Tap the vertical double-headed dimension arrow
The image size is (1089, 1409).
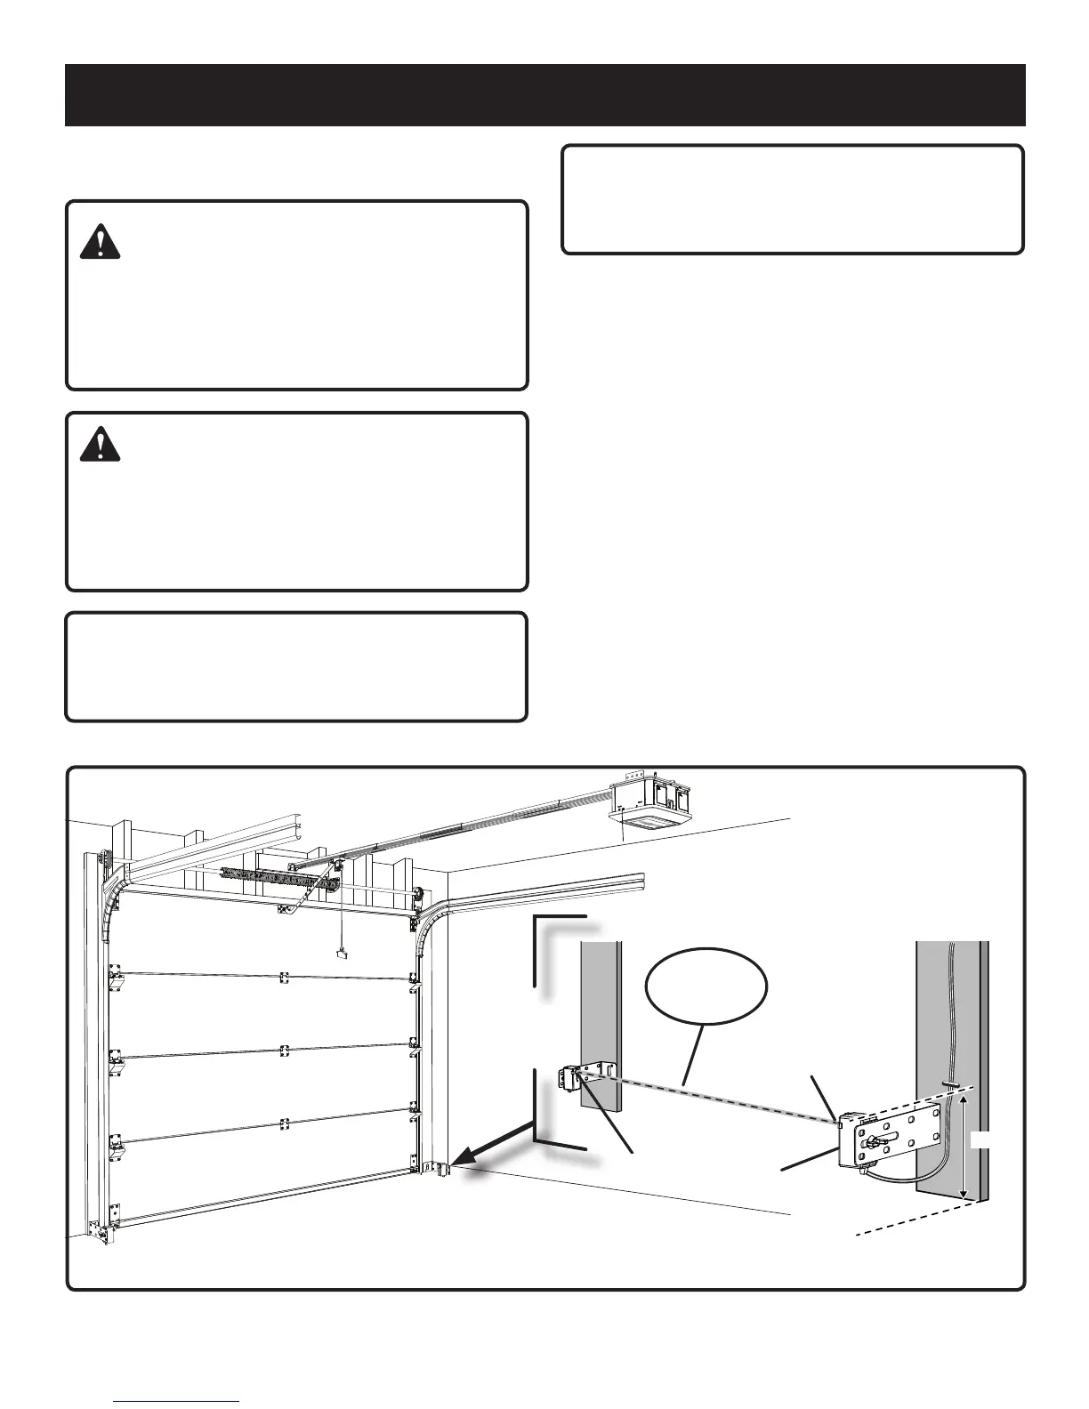pos(963,1147)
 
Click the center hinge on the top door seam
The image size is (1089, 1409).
pos(284,978)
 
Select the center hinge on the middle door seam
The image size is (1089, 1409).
pos(284,1051)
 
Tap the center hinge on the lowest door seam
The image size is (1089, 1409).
pos(284,1124)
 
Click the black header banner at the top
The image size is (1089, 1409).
pos(544,94)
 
